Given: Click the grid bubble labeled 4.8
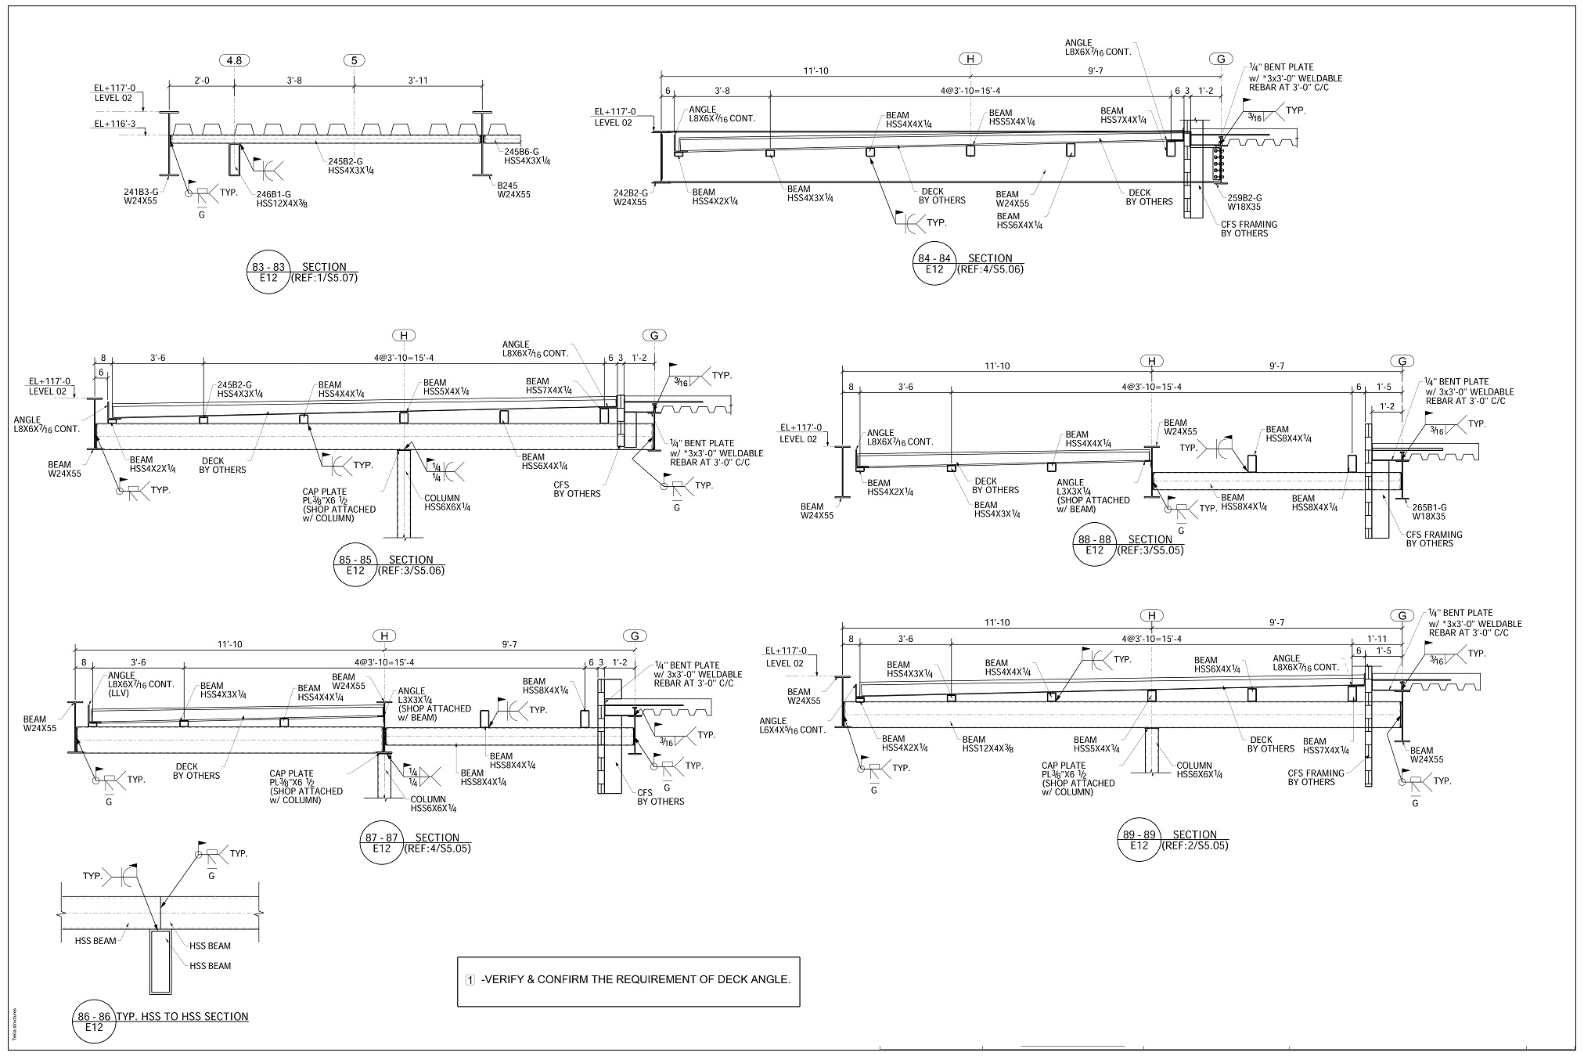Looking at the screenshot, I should point(234,60).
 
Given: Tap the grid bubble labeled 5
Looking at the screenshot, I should point(355,60).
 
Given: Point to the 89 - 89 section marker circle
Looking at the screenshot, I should point(1139,839).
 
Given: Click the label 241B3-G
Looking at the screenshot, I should point(140,190).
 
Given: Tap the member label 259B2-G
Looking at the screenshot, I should point(1244,198).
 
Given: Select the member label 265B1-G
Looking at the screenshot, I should point(1429,507).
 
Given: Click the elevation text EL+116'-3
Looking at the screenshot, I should point(115,124).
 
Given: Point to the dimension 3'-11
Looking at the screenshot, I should point(419,80).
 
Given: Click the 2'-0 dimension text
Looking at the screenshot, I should point(201,80).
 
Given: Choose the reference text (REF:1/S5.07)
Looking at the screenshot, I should point(324,278).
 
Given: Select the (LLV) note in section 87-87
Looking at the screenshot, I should point(121,693).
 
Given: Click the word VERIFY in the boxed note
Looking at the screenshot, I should point(509,979).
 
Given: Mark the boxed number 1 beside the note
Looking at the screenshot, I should point(470,980).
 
